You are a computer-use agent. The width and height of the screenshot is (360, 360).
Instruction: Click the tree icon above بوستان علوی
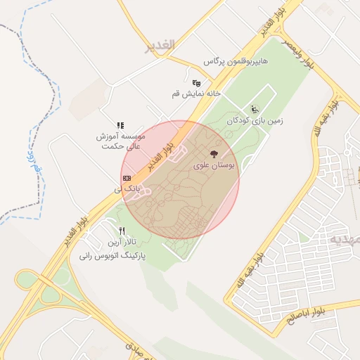click(214, 153)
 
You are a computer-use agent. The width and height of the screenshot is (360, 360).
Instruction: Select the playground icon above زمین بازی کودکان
click(254, 109)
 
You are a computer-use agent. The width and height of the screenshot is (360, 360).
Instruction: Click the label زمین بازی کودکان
click(255, 121)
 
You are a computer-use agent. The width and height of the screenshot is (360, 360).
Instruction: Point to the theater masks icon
click(196, 83)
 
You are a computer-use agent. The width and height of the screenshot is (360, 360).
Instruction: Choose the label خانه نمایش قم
click(196, 94)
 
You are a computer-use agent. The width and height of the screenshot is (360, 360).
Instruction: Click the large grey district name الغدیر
click(159, 47)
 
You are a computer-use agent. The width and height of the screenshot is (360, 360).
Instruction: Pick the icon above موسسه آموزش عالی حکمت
click(120, 125)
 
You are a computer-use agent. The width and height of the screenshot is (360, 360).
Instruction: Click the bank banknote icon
click(127, 179)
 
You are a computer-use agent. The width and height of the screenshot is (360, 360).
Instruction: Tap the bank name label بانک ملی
click(129, 190)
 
